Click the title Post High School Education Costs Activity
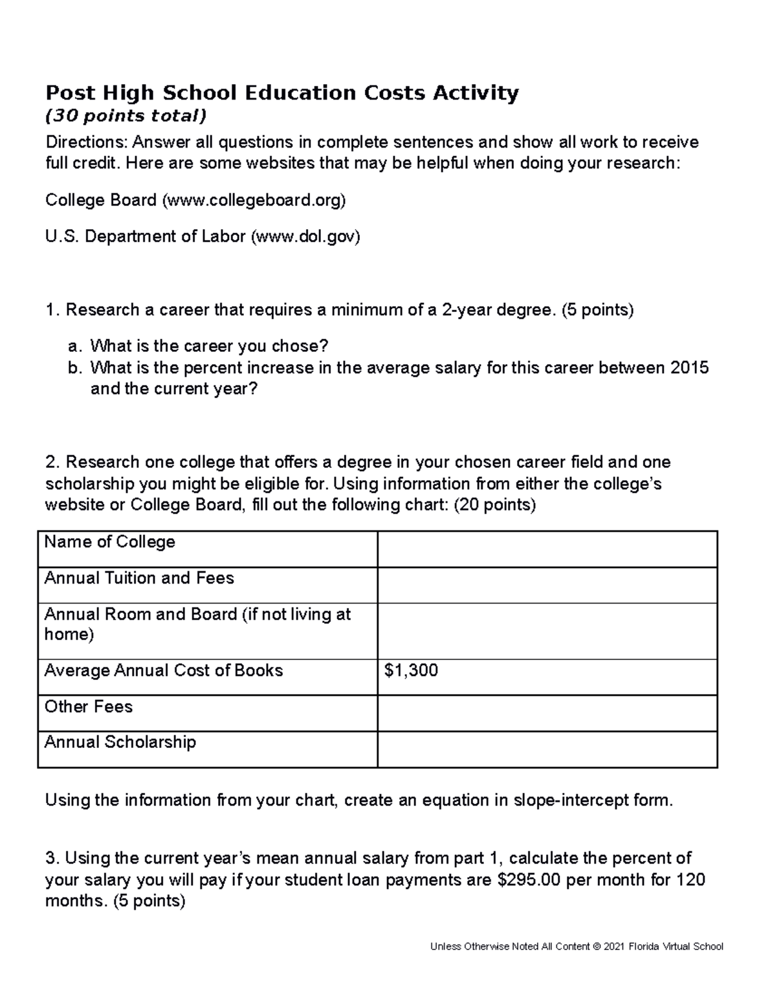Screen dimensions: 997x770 (x=282, y=94)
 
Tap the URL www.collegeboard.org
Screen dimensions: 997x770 (x=254, y=201)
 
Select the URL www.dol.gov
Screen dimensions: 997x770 (x=305, y=237)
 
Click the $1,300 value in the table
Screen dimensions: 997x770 (x=411, y=671)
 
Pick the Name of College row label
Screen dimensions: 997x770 (x=110, y=542)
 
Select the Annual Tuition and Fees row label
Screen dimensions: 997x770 (x=139, y=578)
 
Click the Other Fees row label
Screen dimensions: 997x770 (x=89, y=707)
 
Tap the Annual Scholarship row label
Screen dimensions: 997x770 (x=120, y=743)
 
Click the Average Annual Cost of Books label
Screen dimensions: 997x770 (x=164, y=671)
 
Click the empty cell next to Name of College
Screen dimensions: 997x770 (x=547, y=549)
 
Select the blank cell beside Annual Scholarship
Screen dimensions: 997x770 (x=547, y=749)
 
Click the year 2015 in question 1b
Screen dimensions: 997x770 (x=689, y=368)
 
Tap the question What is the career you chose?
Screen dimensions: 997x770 (x=209, y=347)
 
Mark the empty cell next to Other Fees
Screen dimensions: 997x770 (x=547, y=713)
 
